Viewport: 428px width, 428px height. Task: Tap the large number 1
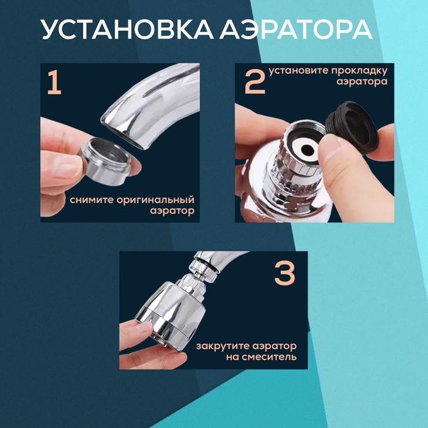point(54,83)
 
